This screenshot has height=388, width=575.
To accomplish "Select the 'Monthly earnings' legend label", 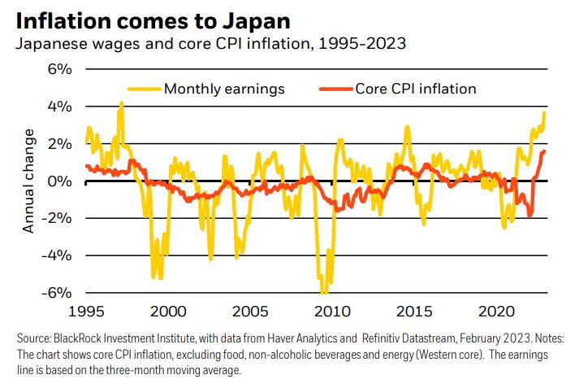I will [x=224, y=88].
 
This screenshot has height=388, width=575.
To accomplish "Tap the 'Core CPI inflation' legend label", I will [x=415, y=88].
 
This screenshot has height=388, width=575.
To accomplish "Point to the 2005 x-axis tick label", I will [x=250, y=312].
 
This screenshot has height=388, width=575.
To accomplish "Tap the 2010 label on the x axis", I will [x=332, y=312].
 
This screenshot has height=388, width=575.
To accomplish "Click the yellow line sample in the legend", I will [x=143, y=88].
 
